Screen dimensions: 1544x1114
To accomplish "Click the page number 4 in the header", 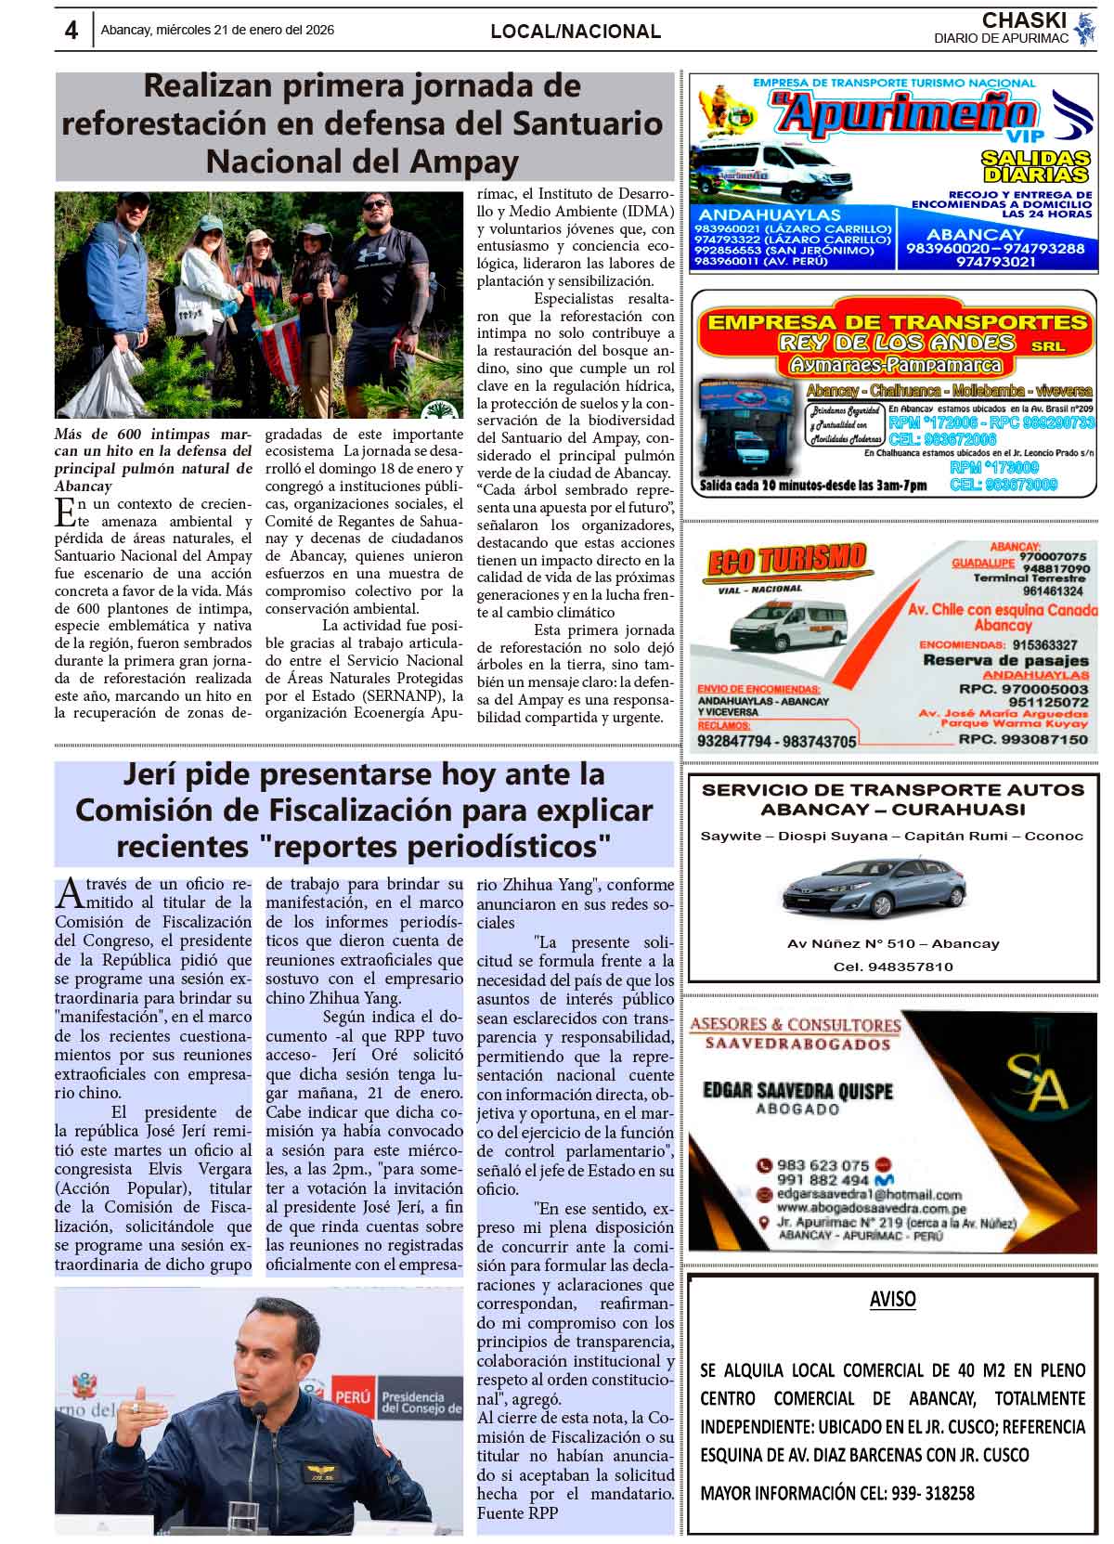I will coord(71,31).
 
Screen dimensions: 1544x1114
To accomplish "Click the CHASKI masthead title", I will coord(1024,20).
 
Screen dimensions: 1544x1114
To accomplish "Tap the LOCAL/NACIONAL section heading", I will coord(576,32).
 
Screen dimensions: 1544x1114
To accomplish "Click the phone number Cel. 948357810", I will coord(893,967).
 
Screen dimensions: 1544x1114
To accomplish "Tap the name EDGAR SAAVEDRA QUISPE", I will coord(797,1090).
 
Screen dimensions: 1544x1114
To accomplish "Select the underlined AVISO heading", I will coord(892,1299).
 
